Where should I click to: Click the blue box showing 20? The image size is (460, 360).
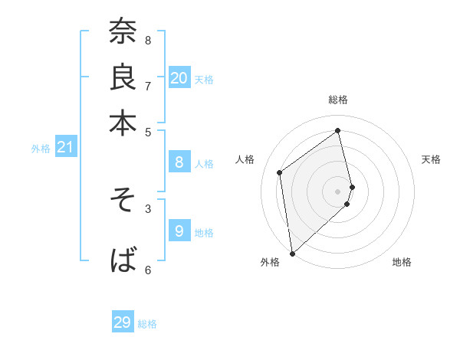tap(179, 78)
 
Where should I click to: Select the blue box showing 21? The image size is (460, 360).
tap(64, 147)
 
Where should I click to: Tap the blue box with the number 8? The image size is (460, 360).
tap(179, 162)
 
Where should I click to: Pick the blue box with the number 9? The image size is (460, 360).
tap(179, 231)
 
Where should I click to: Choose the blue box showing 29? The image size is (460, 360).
tap(123, 322)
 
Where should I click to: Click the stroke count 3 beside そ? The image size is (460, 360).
tap(148, 208)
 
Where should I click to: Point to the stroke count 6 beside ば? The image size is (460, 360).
tap(148, 269)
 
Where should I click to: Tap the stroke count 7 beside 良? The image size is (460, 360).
tap(148, 86)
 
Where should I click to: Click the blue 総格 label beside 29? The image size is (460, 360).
tap(148, 324)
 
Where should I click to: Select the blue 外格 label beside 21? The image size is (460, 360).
tap(40, 149)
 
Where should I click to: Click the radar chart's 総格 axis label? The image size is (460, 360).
tap(338, 100)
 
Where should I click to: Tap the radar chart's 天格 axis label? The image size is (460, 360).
tap(431, 159)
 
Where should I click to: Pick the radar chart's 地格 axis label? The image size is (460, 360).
tap(402, 262)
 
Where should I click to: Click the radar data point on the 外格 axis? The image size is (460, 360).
tap(292, 253)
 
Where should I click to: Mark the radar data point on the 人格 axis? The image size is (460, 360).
tap(280, 172)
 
